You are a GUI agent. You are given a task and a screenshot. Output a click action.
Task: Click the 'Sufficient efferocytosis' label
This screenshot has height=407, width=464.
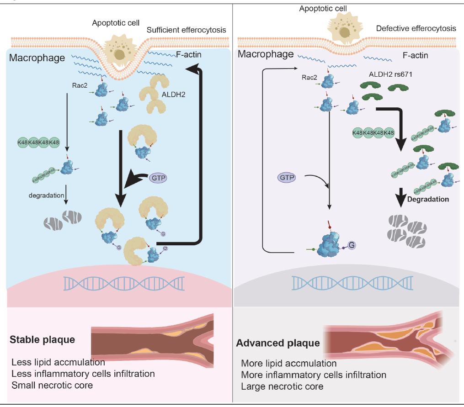[x=187, y=30]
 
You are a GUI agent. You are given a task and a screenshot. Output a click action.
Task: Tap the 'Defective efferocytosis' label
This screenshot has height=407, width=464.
[x=416, y=28]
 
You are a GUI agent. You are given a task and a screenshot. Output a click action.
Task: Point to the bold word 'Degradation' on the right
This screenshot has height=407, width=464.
[x=428, y=199]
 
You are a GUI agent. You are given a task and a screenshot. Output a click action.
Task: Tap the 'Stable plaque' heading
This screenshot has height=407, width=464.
[x=42, y=340]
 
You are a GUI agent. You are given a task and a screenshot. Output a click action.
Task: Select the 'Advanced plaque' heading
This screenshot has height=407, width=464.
[x=278, y=343]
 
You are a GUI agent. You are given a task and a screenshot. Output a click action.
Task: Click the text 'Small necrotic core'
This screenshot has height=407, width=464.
[x=52, y=385]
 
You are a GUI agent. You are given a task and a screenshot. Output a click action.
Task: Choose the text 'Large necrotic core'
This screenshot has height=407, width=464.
[x=282, y=386]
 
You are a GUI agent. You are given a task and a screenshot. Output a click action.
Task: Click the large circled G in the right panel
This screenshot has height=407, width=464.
[x=352, y=244]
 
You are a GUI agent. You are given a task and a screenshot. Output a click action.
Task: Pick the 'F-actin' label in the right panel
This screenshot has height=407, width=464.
[x=415, y=56]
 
